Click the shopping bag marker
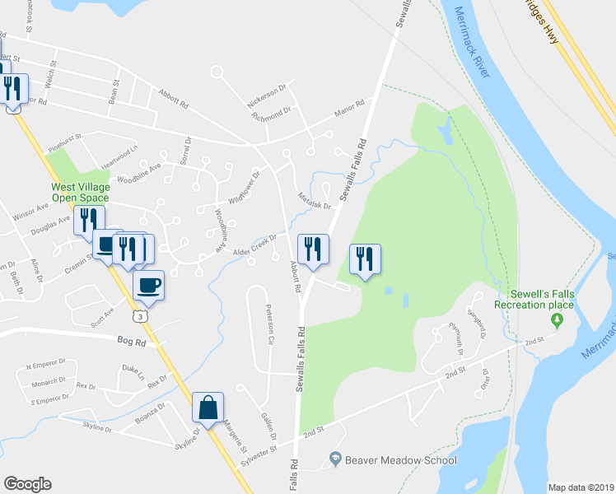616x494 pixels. (208, 408)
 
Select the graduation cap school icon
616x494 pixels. (335, 458)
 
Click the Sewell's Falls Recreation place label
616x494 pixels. (533, 300)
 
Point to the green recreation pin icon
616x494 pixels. (561, 319)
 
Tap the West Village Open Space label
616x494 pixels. (80, 192)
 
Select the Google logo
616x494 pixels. (27, 484)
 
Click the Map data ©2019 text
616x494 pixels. (581, 487)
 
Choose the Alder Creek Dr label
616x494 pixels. (253, 244)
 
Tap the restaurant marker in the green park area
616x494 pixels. (363, 259)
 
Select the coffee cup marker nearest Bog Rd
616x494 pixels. (148, 285)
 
